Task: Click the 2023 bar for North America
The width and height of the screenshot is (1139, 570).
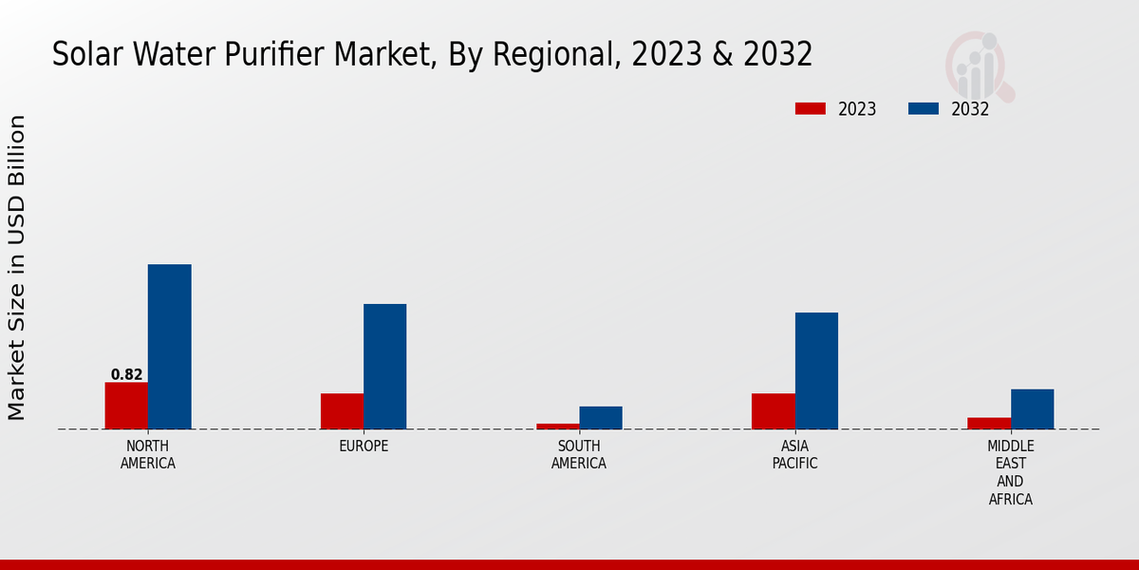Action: pyautogui.click(x=126, y=406)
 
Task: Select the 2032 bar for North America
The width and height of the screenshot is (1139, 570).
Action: pyautogui.click(x=169, y=347)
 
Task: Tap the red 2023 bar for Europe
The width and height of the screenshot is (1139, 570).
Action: pyautogui.click(x=342, y=411)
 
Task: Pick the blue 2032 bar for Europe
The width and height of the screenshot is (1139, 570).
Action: pyautogui.click(x=384, y=367)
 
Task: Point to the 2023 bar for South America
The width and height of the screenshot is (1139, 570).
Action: pyautogui.click(x=557, y=427)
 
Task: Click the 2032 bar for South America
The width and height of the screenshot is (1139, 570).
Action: pyautogui.click(x=601, y=418)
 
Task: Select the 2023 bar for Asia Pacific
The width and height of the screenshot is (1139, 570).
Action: pyautogui.click(x=773, y=411)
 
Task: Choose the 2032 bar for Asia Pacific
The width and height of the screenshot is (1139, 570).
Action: pyautogui.click(x=816, y=370)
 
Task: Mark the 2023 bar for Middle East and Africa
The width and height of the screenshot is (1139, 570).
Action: pyautogui.click(x=989, y=424)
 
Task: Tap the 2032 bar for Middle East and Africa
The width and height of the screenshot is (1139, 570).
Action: pyautogui.click(x=1032, y=409)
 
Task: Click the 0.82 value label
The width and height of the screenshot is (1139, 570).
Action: pyautogui.click(x=126, y=374)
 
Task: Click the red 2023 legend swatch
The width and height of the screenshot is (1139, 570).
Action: pyautogui.click(x=810, y=109)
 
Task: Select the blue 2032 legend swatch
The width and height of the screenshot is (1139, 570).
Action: pyautogui.click(x=923, y=109)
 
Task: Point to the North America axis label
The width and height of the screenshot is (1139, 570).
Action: pyautogui.click(x=148, y=455)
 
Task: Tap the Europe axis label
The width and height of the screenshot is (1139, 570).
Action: pyautogui.click(x=364, y=446)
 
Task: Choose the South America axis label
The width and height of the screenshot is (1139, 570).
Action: pyautogui.click(x=579, y=455)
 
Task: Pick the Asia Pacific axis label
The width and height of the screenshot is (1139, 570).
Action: pyautogui.click(x=794, y=455)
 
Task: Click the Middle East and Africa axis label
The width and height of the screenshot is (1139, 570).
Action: pyautogui.click(x=1011, y=472)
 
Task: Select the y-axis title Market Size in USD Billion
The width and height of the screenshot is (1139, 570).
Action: pyautogui.click(x=17, y=268)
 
